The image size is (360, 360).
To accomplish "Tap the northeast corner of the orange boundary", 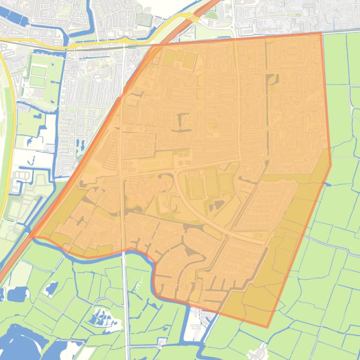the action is [321, 34].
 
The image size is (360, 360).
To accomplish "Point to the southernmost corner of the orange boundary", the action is [267, 327].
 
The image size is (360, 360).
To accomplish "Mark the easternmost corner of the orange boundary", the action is [331, 165].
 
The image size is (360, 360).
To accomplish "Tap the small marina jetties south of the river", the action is [140, 285].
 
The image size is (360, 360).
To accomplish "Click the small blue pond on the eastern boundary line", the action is [327, 185].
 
